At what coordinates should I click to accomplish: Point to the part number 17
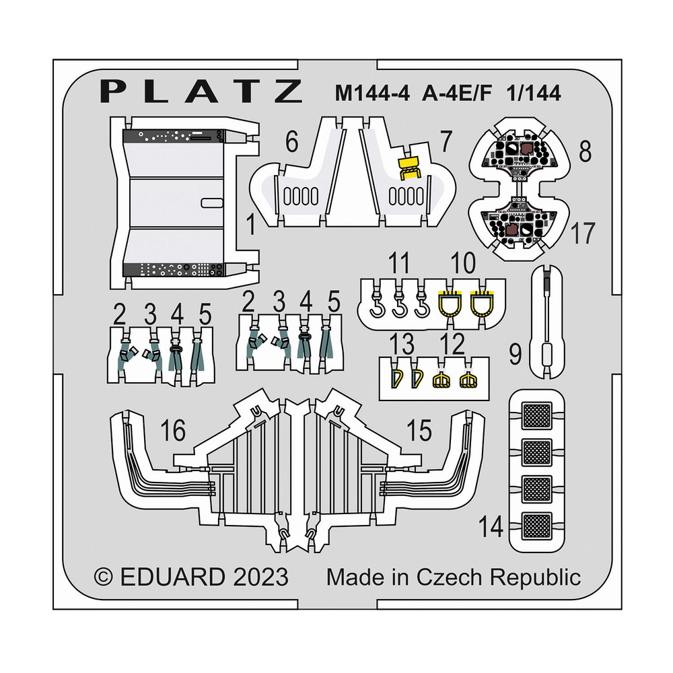click(x=583, y=234)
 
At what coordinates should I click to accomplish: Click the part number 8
click(x=586, y=151)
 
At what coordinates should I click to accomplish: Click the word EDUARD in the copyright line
click(x=171, y=577)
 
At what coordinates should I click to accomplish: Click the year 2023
click(x=257, y=577)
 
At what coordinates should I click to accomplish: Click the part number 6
click(x=291, y=143)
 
